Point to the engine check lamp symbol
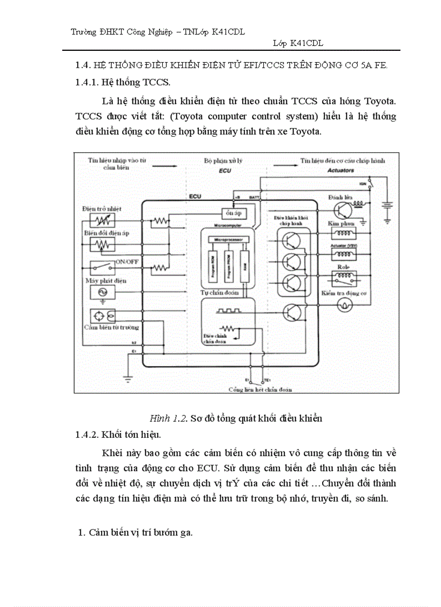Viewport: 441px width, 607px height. pos(342,305)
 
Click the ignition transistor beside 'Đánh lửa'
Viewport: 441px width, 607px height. pos(343,211)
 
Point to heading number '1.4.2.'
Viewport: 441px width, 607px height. pos(86,434)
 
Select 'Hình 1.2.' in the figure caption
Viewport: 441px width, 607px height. pos(168,419)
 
